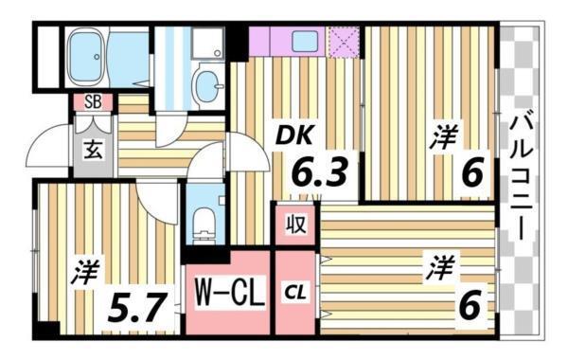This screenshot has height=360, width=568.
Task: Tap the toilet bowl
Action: (x=203, y=224)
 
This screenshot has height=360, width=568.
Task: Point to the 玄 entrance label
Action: (x=95, y=149)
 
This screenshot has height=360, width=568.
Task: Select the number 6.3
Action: (x=317, y=173)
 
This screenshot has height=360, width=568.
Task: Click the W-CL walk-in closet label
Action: (x=228, y=289)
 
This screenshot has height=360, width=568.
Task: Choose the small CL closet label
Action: (x=295, y=291)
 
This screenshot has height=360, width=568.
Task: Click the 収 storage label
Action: (x=295, y=226)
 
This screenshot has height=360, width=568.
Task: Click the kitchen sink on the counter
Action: (x=306, y=41)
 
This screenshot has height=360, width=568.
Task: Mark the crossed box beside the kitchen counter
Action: (x=342, y=41)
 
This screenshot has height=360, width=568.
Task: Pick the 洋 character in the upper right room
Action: (x=442, y=138)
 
